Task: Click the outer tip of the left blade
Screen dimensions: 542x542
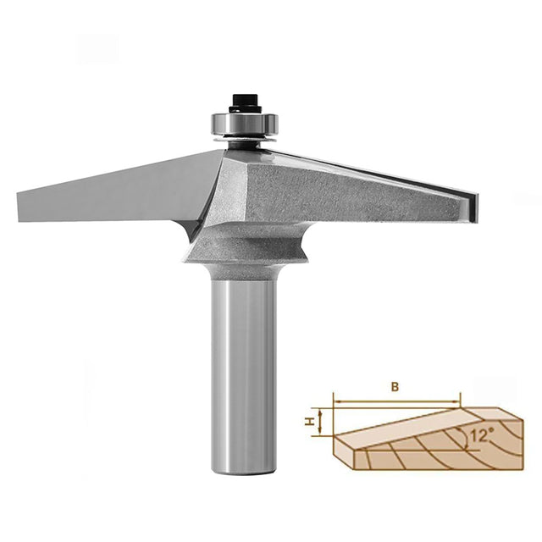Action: [19, 207]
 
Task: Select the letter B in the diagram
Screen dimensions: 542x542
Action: [395, 387]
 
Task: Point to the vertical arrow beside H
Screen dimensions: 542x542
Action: [320, 421]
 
